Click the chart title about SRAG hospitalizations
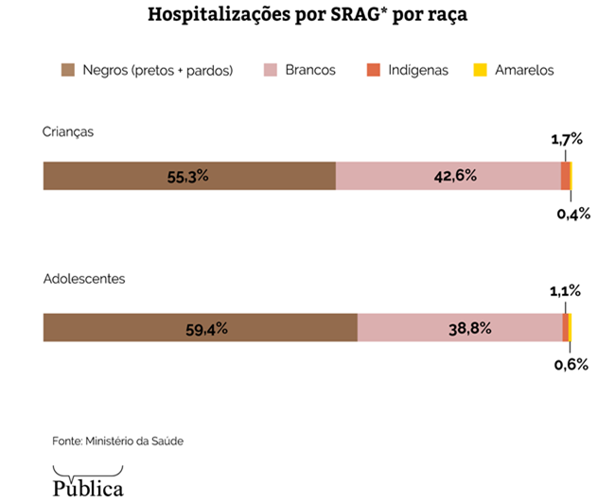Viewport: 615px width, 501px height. point(307,16)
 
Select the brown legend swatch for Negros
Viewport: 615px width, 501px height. point(68,70)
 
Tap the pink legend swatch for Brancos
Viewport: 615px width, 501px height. point(271,70)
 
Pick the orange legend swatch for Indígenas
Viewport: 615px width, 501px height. point(373,70)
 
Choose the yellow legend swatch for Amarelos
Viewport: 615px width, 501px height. point(480,70)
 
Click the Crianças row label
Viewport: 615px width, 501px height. point(68,132)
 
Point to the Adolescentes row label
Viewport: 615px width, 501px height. point(84,280)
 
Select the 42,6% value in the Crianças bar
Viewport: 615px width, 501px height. point(449,176)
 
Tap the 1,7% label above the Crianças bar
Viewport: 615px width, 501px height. point(567,140)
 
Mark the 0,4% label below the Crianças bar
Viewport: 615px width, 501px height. point(573,214)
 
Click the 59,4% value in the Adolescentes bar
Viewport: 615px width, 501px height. point(202,328)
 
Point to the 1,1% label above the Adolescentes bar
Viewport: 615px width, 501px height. point(566,292)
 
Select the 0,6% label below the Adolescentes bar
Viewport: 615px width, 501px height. point(571,365)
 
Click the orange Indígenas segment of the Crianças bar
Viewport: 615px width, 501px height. point(565,176)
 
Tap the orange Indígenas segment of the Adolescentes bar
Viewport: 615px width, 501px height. point(565,328)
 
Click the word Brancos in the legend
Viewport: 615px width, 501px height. point(310,70)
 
